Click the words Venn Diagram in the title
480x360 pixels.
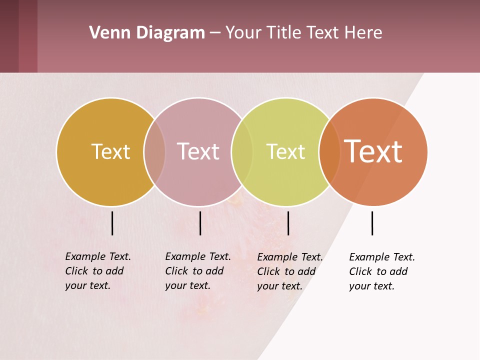(147, 33)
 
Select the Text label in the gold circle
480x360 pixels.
(110, 151)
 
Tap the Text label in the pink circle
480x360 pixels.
(198, 151)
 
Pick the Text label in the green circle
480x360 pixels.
(285, 151)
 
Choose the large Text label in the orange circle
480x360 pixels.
(373, 151)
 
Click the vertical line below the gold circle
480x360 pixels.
(112, 223)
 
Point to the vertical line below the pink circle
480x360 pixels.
(200, 223)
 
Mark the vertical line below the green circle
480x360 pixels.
(288, 223)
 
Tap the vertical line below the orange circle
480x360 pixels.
(372, 223)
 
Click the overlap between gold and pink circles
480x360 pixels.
(154, 151)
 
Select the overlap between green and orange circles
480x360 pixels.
(329, 151)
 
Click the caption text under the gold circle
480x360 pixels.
(98, 271)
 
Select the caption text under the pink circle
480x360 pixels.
(198, 271)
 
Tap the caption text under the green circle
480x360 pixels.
(290, 271)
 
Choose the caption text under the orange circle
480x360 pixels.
(382, 271)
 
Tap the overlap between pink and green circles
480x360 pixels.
(242, 151)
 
